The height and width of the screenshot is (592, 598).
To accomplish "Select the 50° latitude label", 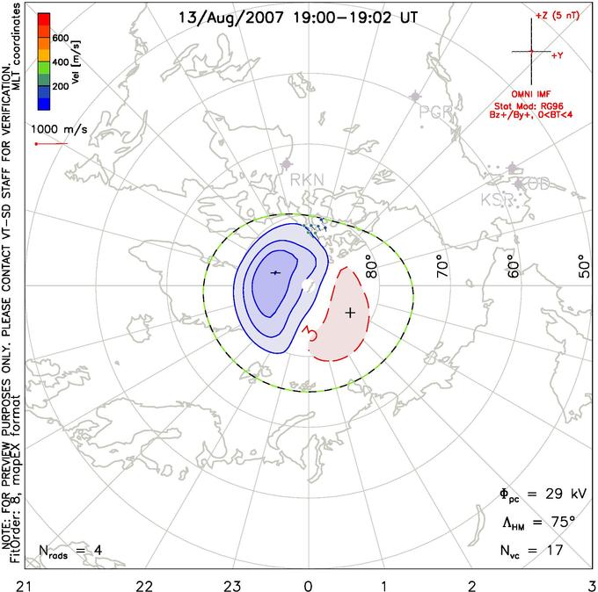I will (584, 263).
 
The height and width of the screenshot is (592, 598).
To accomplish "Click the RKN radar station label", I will (307, 180).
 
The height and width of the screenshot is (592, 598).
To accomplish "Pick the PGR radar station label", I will (435, 112).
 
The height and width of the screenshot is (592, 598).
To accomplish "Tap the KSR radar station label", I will (496, 200).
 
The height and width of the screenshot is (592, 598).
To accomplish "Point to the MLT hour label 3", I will (591, 583).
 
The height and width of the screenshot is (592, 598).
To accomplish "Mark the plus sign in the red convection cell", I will (350, 312).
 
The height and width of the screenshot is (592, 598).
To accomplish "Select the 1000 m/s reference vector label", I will (60, 128).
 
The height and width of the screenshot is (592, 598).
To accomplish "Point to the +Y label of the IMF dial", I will (558, 55).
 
